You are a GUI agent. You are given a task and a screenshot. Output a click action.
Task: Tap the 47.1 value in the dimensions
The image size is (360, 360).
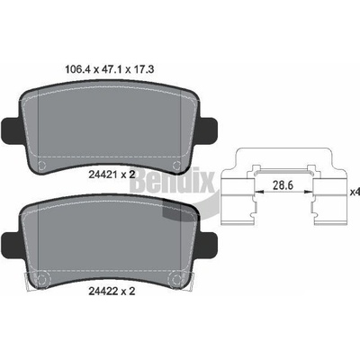pos(112,70)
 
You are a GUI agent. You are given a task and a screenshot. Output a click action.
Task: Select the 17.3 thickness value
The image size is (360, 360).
pos(144,70)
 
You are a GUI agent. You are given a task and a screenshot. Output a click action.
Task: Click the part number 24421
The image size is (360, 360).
pos(103,175)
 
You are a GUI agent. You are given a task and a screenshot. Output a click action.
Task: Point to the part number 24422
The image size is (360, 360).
pos(103,291)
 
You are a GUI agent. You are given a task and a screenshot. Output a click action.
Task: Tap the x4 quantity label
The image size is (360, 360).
pos(355,192)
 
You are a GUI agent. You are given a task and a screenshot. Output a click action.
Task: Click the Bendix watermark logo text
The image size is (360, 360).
pos(173,181)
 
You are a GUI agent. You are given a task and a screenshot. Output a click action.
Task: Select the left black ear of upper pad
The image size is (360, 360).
pos(11,130)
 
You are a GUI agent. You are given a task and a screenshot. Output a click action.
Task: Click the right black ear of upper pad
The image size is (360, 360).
pos(208,130)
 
